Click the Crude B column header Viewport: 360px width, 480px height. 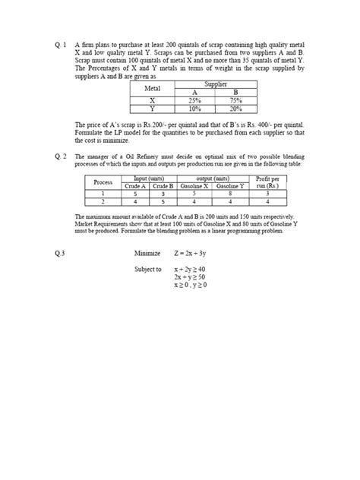click(x=163, y=186)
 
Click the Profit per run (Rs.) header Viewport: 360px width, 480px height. click(x=267, y=182)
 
